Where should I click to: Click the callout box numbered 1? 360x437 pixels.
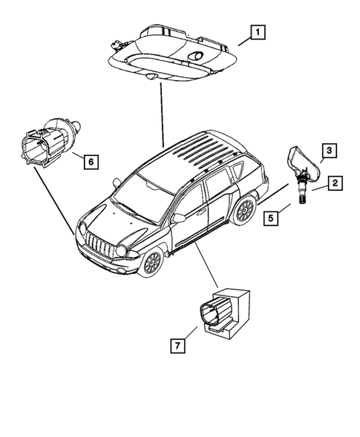point(256,32)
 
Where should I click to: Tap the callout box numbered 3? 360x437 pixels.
point(330,151)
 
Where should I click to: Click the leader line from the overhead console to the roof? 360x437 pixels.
point(160,111)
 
